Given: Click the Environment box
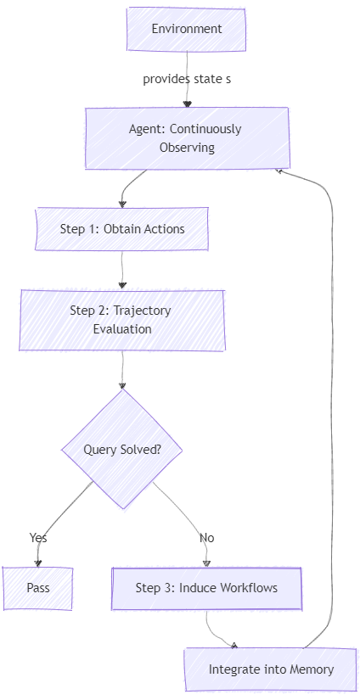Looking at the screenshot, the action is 186,29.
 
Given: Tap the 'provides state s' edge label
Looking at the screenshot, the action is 187,80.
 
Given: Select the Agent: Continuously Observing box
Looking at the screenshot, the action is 187,138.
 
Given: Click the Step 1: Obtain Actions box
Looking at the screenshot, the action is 122,229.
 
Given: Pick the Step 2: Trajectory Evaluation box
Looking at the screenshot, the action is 122,320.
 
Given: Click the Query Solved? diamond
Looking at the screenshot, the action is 122,449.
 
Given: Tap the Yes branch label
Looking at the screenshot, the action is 38,537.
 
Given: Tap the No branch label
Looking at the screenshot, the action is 207,538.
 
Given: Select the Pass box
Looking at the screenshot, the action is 38,588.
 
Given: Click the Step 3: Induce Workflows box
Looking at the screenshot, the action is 206,588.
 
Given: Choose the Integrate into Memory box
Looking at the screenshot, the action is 271,669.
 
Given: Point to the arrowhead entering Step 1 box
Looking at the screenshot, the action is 122,204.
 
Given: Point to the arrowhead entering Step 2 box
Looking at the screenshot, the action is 122,286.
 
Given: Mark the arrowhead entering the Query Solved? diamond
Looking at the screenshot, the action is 122,386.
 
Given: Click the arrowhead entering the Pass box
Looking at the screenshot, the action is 38,563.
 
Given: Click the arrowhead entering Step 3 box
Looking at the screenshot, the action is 206,563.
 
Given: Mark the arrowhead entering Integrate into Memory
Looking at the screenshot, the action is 234,645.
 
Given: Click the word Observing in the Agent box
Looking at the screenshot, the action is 187,148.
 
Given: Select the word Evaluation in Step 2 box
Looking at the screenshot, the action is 122,329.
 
